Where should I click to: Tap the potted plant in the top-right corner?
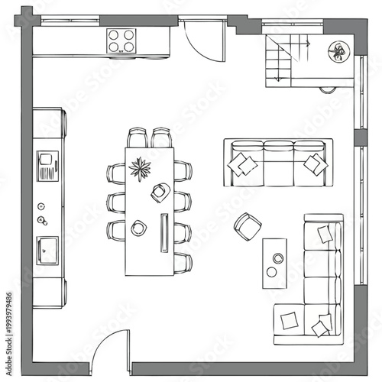pyautogui.click(x=336, y=52)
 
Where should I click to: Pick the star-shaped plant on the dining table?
pyautogui.click(x=140, y=167)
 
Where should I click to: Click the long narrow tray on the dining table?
pyautogui.click(x=163, y=231)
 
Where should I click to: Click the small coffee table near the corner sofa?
pyautogui.click(x=274, y=262)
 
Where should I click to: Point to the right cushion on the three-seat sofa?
pyautogui.click(x=312, y=163)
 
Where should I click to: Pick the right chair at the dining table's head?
pyautogui.click(x=161, y=137)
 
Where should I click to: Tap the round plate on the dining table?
pyautogui.click(x=139, y=227)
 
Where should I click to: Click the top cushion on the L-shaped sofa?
pyautogui.click(x=326, y=233)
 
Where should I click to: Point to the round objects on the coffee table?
pyautogui.click(x=274, y=264)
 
